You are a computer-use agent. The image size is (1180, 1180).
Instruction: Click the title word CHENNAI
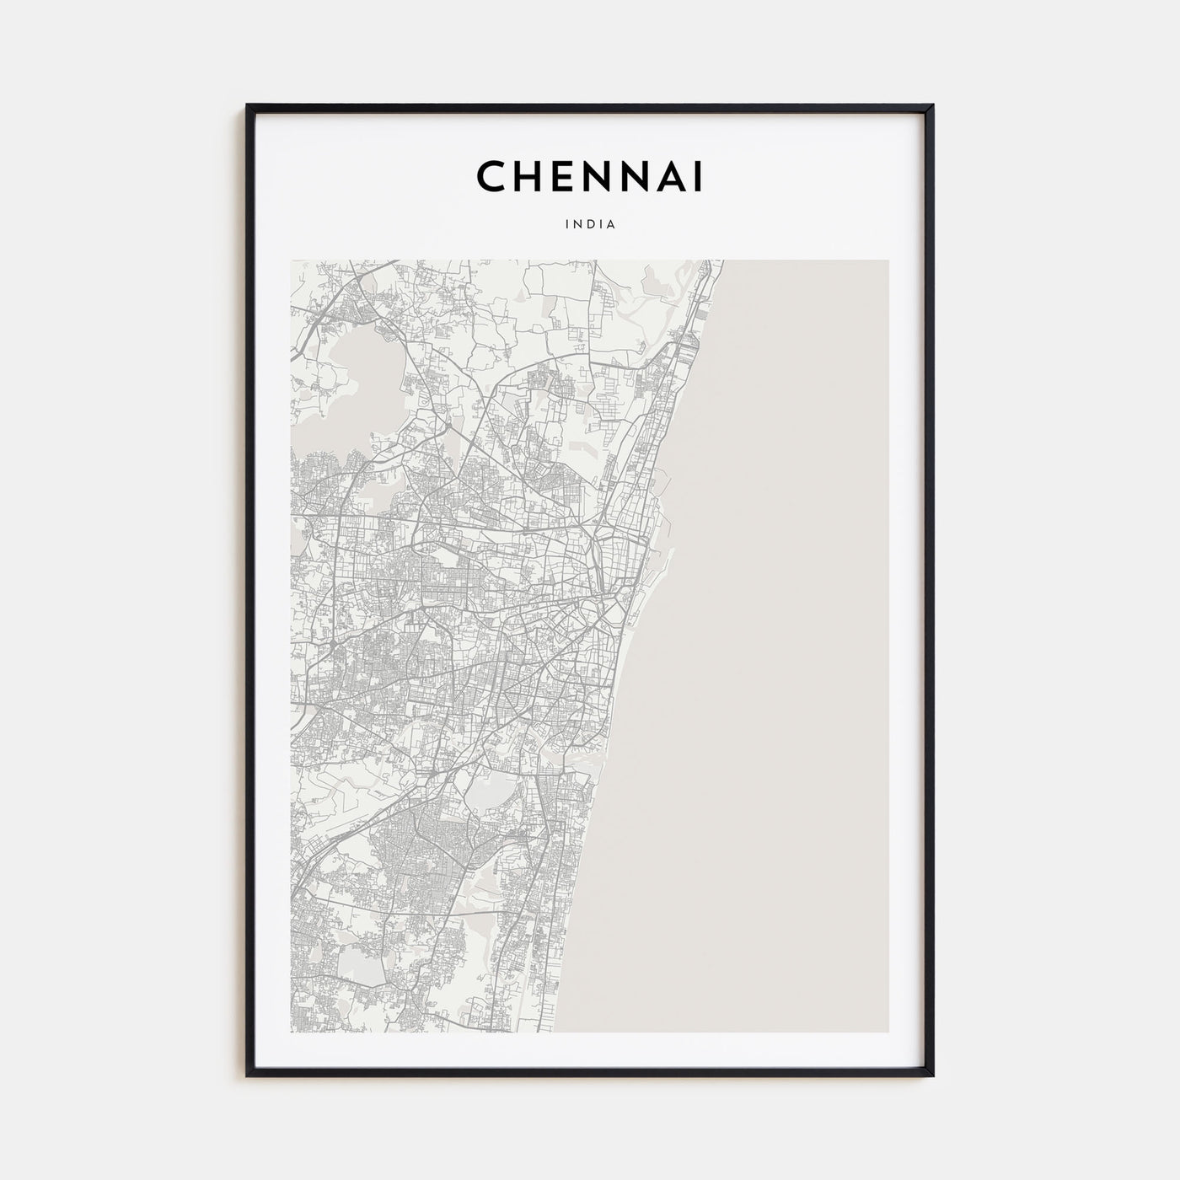[589, 176]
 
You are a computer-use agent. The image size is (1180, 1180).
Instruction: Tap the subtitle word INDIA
[590, 225]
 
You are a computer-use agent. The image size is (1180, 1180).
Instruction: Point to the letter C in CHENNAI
[493, 176]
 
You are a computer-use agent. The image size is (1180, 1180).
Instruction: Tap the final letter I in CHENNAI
[698, 176]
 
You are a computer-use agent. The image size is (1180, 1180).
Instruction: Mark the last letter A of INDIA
[611, 225]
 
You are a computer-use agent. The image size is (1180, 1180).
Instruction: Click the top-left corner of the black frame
[247, 105]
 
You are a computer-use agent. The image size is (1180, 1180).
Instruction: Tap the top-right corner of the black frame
[933, 105]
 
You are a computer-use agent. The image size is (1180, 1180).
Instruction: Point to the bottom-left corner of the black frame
[247, 1075]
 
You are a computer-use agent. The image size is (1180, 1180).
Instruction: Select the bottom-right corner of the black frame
[933, 1075]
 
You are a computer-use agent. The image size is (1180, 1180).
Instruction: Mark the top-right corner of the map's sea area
[888, 260]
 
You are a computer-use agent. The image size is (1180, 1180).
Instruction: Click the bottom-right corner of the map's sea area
[888, 1032]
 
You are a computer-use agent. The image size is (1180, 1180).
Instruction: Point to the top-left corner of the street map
[292, 260]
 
